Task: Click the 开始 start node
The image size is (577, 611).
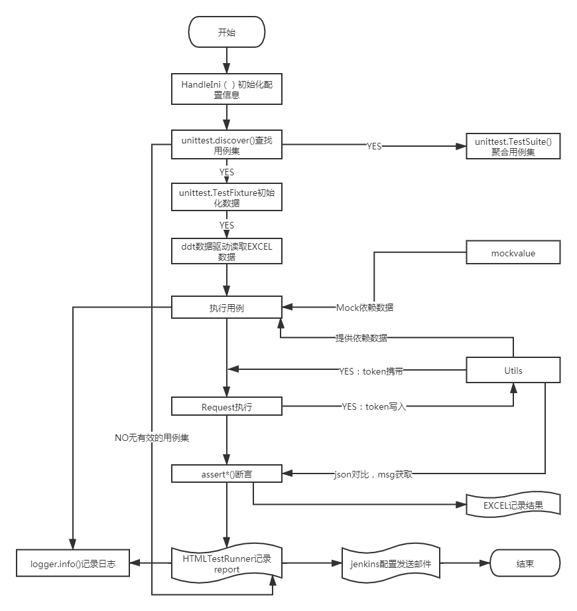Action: pyautogui.click(x=227, y=33)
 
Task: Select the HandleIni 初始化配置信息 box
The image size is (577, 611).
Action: pyautogui.click(x=227, y=89)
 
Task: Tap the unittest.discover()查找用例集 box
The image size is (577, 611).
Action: pyautogui.click(x=227, y=145)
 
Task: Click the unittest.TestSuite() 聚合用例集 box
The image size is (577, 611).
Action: pyautogui.click(x=513, y=145)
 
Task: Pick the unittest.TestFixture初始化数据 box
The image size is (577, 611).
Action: pyautogui.click(x=227, y=197)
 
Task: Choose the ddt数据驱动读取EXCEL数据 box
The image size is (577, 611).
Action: pyautogui.click(x=227, y=251)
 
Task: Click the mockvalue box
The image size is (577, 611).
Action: pyautogui.click(x=513, y=253)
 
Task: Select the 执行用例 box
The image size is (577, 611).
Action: pyautogui.click(x=227, y=307)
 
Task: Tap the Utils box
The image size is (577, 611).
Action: pyautogui.click(x=513, y=370)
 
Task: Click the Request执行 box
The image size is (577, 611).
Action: pyautogui.click(x=227, y=406)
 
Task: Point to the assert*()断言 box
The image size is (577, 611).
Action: pyautogui.click(x=227, y=474)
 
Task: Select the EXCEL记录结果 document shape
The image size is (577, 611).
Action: pyautogui.click(x=513, y=505)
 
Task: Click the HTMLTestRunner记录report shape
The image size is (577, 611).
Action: pyautogui.click(x=227, y=564)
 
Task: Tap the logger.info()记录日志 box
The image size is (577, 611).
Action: pyautogui.click(x=73, y=564)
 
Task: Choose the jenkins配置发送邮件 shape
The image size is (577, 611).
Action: pyautogui.click(x=391, y=564)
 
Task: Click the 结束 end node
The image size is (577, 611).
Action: pyautogui.click(x=525, y=564)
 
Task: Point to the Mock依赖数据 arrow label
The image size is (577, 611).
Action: pyautogui.click(x=365, y=307)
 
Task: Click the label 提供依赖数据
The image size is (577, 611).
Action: pyautogui.click(x=361, y=337)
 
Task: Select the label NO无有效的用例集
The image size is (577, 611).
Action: pyautogui.click(x=153, y=438)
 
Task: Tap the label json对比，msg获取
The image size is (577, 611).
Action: pyautogui.click(x=373, y=474)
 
